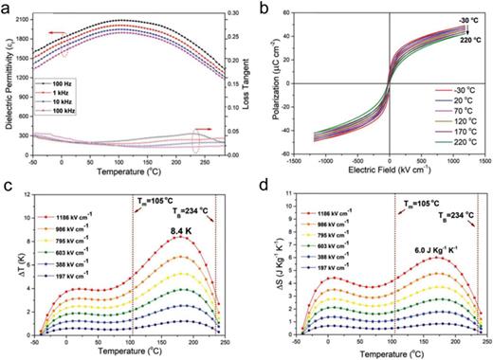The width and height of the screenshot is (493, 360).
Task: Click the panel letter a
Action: pos(7,7)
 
